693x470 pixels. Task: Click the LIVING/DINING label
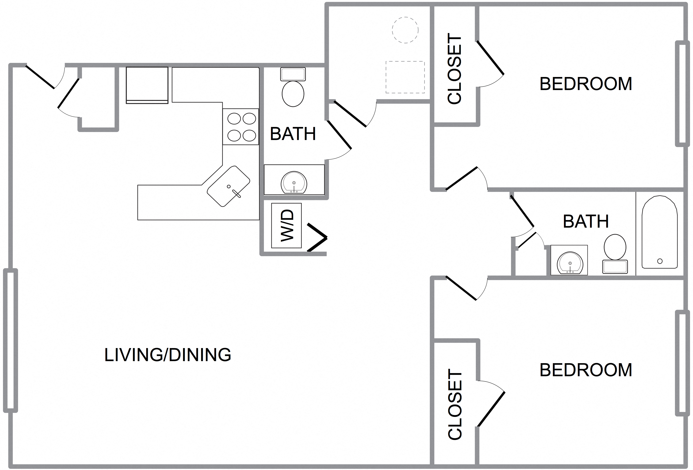(168, 355)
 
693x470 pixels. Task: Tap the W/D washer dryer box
(286, 226)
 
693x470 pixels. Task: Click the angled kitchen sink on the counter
(228, 186)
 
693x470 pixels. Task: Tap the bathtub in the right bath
(659, 232)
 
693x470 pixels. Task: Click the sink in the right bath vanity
(569, 263)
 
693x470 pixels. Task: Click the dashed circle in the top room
(405, 30)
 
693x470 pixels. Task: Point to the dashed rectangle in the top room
(405, 77)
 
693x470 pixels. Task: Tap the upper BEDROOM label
(586, 84)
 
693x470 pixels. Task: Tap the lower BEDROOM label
(586, 370)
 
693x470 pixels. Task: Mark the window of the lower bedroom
(682, 363)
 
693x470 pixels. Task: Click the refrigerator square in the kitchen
(147, 85)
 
